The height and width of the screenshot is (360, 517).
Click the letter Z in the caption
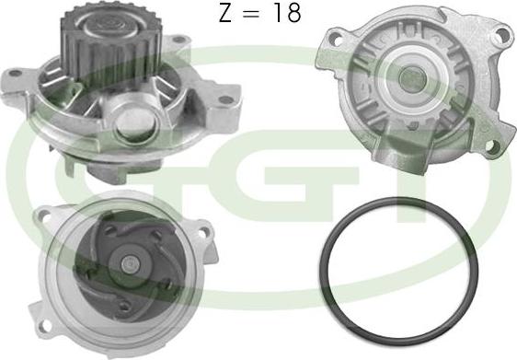225,13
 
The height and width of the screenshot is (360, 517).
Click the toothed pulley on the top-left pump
110,43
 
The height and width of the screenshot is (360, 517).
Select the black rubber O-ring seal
399,267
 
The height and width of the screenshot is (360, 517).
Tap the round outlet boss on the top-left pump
133,123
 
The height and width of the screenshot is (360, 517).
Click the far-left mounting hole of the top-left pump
14,73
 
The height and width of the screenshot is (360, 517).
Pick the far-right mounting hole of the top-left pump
226,99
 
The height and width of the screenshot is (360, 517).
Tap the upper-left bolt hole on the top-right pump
336,39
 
